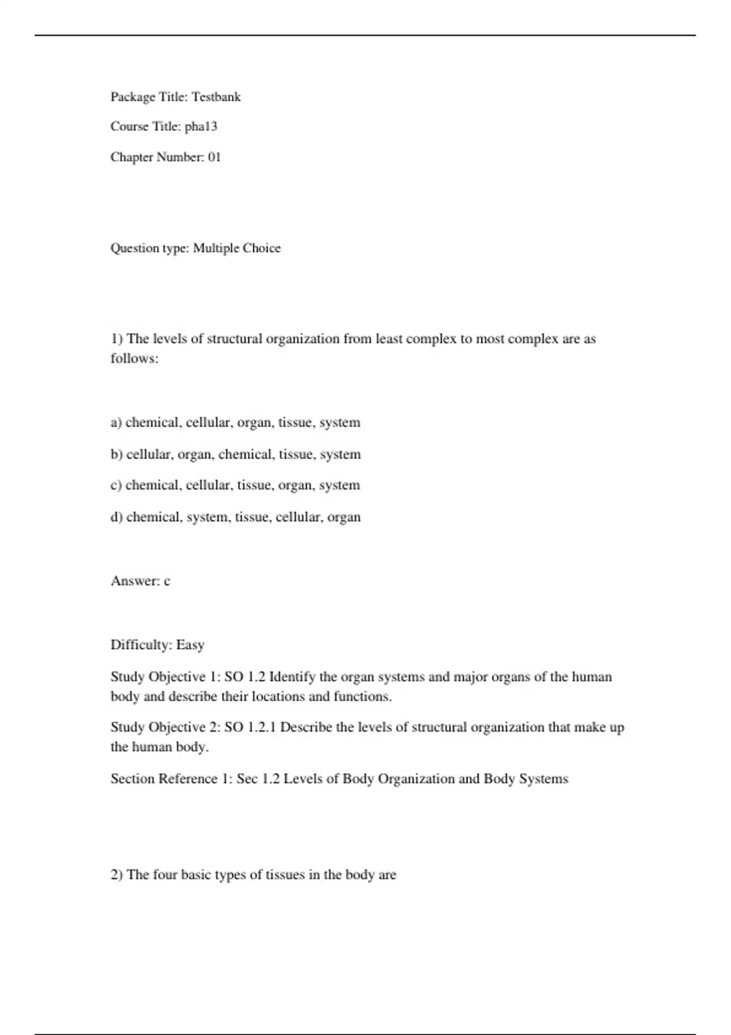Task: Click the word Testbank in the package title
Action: tap(216, 97)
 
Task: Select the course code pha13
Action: tap(201, 127)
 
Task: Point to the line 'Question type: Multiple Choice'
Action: tap(196, 248)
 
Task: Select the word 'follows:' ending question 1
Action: tap(134, 359)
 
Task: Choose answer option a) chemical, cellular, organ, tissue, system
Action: tap(235, 423)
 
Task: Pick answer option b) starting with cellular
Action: tap(235, 454)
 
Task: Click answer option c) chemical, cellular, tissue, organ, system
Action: tap(235, 485)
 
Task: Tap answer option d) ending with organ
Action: tap(235, 517)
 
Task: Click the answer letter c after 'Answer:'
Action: tap(167, 581)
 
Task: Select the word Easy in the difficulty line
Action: tap(190, 645)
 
